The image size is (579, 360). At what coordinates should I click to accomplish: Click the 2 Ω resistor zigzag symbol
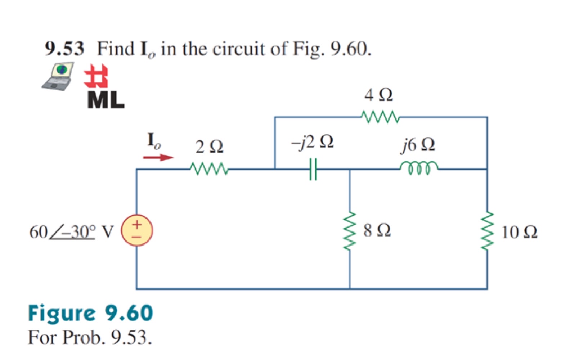click(209, 168)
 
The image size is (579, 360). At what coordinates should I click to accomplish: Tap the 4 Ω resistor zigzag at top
click(380, 117)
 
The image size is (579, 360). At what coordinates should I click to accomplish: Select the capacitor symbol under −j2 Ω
click(313, 169)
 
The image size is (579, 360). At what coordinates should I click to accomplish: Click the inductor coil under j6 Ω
click(419, 168)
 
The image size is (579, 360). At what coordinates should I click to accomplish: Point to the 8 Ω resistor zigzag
click(349, 231)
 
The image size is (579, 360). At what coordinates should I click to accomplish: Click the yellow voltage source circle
click(137, 230)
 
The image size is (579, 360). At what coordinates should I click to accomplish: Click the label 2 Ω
click(209, 147)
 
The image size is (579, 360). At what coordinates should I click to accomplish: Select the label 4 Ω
click(378, 95)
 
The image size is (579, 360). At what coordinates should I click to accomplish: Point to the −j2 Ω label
click(313, 142)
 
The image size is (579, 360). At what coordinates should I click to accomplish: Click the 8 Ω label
click(377, 230)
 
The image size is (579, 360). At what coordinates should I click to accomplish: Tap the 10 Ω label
click(519, 232)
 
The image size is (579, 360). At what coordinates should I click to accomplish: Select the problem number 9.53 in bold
click(64, 49)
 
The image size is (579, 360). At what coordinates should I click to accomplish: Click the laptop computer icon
click(58, 76)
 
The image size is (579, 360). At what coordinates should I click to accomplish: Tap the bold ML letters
click(106, 100)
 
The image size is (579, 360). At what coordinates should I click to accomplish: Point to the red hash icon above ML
click(96, 76)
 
